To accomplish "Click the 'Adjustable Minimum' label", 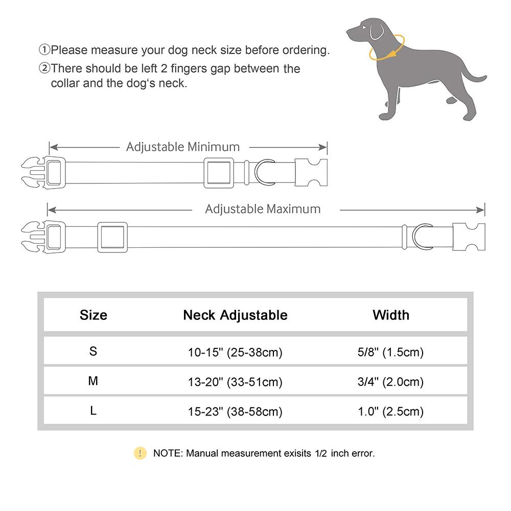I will pyautogui.click(x=183, y=147).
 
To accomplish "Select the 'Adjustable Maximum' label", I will pyautogui.click(x=263, y=209).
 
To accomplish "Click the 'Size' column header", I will pyautogui.click(x=94, y=315).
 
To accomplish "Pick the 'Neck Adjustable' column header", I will pyautogui.click(x=235, y=315).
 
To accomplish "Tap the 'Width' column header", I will pyautogui.click(x=391, y=315).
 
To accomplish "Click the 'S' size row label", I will pyautogui.click(x=93, y=352).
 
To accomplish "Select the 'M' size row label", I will pyautogui.click(x=93, y=381).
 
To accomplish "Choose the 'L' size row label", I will pyautogui.click(x=93, y=411).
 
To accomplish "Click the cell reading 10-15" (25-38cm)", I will pyautogui.click(x=235, y=352).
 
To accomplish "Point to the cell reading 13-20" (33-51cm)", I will pyautogui.click(x=235, y=382).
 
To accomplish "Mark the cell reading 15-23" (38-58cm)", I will pyautogui.click(x=235, y=411).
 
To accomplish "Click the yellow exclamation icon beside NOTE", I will pyautogui.click(x=140, y=453).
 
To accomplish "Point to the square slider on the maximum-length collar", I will pyautogui.click(x=112, y=237).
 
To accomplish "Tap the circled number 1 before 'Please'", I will pyautogui.click(x=44, y=50).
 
